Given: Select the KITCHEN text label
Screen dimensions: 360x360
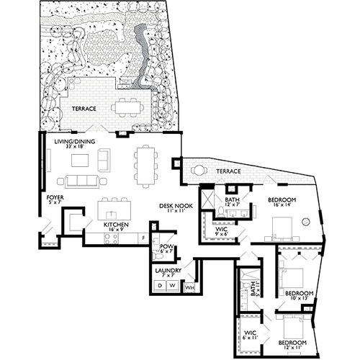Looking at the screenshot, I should click(x=116, y=225).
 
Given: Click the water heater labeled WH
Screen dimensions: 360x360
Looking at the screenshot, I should click(x=189, y=287).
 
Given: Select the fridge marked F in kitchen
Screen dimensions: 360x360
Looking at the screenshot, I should click(x=144, y=238).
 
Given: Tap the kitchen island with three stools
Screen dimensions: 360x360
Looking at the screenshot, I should click(x=114, y=210).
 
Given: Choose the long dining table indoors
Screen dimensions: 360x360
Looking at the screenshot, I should click(x=146, y=165).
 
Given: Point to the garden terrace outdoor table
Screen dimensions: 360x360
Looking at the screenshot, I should click(x=127, y=107).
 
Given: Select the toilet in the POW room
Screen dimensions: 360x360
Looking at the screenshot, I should click(x=158, y=254).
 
